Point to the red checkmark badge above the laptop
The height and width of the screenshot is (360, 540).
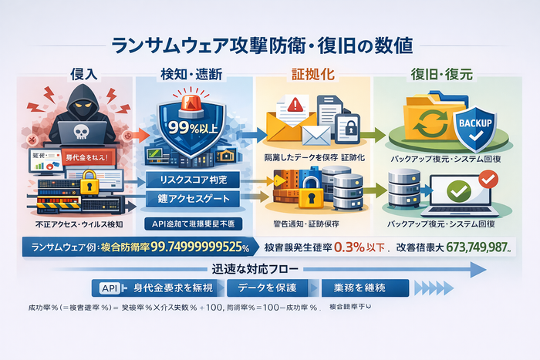[x=488, y=178]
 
